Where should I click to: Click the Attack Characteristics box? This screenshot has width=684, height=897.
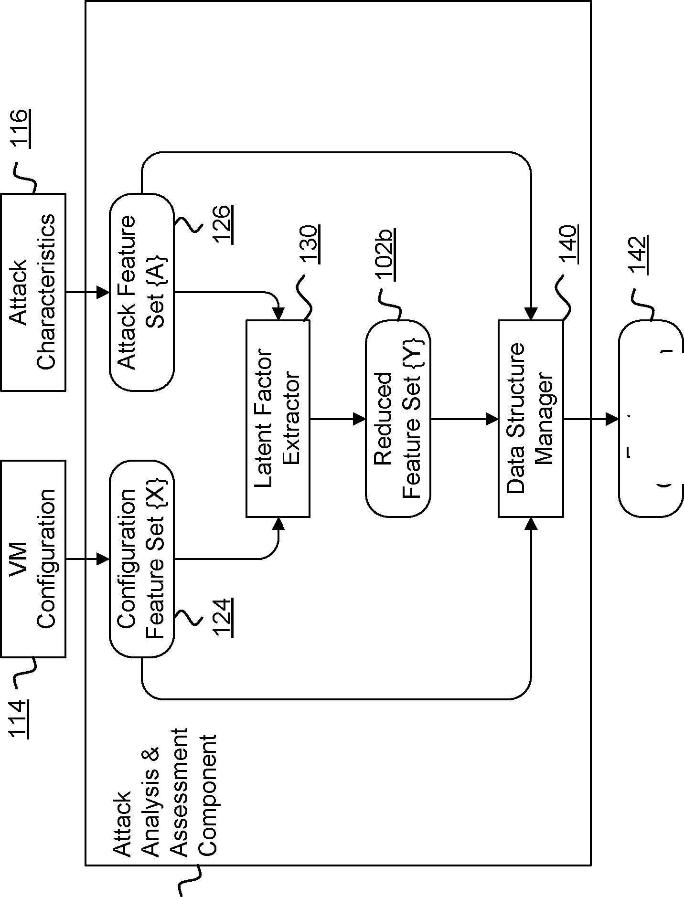tap(33, 292)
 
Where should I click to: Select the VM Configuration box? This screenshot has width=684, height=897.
tap(33, 559)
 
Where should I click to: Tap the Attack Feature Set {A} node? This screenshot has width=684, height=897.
tap(141, 292)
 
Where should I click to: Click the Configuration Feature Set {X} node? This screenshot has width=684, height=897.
tap(141, 559)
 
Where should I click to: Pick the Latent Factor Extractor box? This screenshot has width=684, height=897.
tap(278, 419)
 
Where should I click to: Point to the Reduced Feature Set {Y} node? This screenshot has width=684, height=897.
tap(398, 419)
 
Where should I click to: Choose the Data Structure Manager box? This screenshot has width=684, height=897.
tap(531, 419)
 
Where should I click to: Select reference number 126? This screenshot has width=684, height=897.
tap(223, 224)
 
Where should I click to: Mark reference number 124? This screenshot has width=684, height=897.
tap(223, 617)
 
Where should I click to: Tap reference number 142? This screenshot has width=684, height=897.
tap(638, 255)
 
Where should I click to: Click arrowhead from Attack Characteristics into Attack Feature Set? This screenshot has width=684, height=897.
tap(103, 292)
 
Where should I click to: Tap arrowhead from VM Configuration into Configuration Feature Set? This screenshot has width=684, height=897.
tap(103, 559)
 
